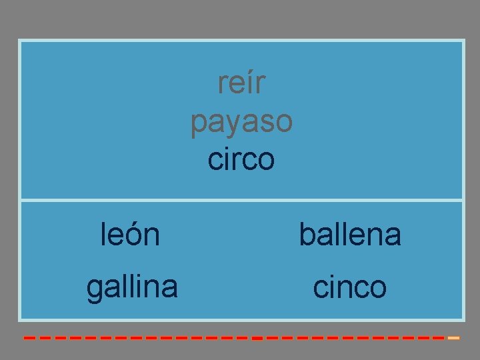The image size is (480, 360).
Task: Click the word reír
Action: pos(241,83)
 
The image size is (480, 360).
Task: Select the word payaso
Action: pos(241,123)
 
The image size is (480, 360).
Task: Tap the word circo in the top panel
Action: pos(241,160)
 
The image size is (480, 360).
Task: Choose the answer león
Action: pos(130,235)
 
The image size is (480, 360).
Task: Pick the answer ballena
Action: pos(350,235)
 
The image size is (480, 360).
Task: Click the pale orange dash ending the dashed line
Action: pos(454,338)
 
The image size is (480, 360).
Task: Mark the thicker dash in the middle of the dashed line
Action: pos(257,339)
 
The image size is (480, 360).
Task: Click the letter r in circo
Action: pos(234,161)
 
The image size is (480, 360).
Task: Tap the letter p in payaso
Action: pos(198,124)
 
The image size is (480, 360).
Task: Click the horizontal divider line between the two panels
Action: pos(241,199)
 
